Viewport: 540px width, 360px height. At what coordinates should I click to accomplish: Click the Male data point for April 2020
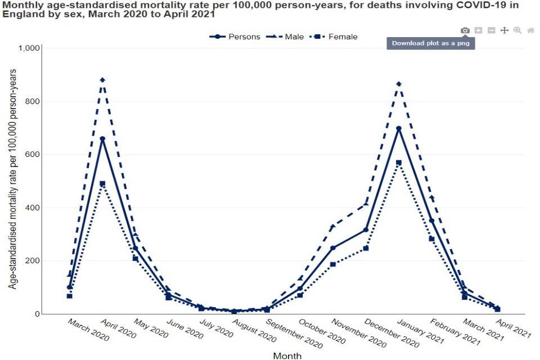[102, 80]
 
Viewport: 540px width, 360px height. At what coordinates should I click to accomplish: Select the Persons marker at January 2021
[399, 128]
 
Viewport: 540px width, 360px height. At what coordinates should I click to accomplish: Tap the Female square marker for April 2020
[102, 183]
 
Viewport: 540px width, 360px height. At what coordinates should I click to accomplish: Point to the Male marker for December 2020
[366, 203]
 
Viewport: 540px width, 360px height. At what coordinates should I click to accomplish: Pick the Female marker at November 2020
[332, 264]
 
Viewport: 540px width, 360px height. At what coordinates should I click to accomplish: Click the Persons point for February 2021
[431, 221]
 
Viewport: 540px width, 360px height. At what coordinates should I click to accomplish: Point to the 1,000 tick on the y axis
[28, 48]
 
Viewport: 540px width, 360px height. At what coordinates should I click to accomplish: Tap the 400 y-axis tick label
[32, 208]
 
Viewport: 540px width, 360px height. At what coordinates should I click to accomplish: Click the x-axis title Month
[287, 355]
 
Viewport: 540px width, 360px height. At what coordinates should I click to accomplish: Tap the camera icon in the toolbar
[465, 30]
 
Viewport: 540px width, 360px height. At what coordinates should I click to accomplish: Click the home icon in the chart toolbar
[530, 30]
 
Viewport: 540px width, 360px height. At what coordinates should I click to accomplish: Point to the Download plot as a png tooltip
[430, 43]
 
